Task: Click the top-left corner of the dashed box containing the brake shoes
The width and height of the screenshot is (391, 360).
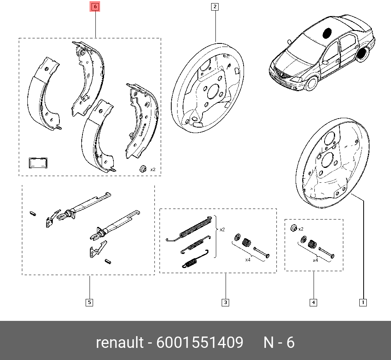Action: point(19,38)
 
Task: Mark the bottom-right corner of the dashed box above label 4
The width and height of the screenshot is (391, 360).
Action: point(343,271)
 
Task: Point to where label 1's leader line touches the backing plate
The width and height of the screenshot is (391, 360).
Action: point(352,194)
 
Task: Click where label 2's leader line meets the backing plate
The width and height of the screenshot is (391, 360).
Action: point(215,42)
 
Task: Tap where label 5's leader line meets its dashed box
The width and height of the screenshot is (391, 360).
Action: point(90,275)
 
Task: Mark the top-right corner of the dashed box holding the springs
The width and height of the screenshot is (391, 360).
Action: point(276,209)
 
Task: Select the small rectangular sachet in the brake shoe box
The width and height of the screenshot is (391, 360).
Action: point(38,163)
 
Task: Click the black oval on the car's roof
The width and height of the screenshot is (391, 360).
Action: point(326,33)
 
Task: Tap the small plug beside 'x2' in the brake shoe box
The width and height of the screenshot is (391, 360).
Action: point(143,169)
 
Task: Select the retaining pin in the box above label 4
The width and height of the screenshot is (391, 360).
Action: point(326,252)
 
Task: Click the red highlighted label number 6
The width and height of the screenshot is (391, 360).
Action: point(95,7)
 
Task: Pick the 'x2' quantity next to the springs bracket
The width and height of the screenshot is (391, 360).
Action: point(222,230)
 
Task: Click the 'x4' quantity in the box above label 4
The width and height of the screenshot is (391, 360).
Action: point(316,260)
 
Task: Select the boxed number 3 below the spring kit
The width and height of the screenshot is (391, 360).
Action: point(226,302)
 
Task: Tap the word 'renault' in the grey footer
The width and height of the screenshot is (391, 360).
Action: point(120,342)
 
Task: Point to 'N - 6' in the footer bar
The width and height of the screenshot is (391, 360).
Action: point(279,342)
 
